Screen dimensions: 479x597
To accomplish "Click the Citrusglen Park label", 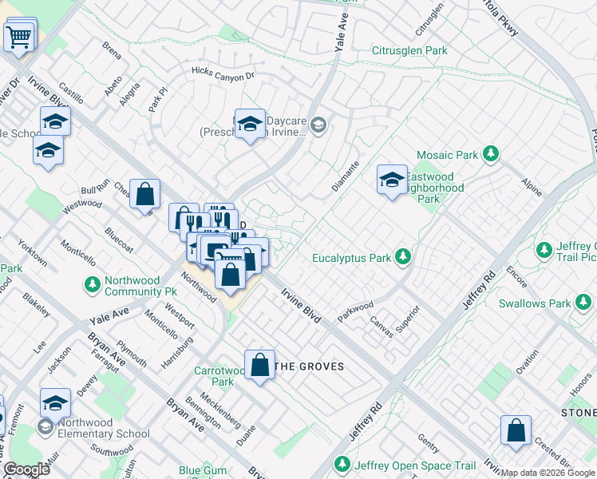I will click(409, 50).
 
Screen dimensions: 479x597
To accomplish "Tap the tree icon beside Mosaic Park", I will click(491, 152).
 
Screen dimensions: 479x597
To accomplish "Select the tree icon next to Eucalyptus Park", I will click(404, 257).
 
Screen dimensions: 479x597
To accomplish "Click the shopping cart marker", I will click(18, 35).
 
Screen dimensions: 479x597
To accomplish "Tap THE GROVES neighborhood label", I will click(310, 366).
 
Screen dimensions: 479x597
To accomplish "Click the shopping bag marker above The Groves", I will click(260, 366).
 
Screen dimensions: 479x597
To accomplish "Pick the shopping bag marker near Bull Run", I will click(145, 194).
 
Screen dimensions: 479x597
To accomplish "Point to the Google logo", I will click(27, 469).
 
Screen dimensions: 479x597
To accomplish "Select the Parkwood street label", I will click(355, 311).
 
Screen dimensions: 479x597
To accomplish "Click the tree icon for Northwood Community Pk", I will click(93, 283).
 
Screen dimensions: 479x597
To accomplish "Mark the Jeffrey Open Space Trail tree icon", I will click(342, 465).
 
